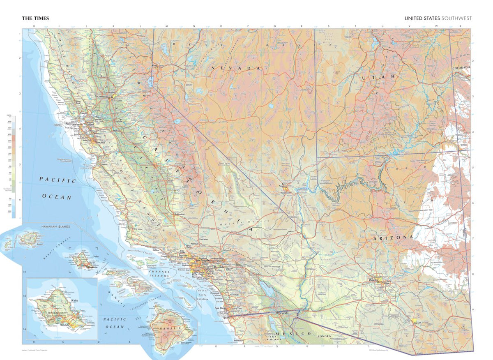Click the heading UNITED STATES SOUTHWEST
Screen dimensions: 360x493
438,18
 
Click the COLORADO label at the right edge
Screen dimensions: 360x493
461,67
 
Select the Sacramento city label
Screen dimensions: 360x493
103,97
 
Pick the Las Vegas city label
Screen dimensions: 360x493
284,185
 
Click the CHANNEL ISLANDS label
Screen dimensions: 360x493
159,274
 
